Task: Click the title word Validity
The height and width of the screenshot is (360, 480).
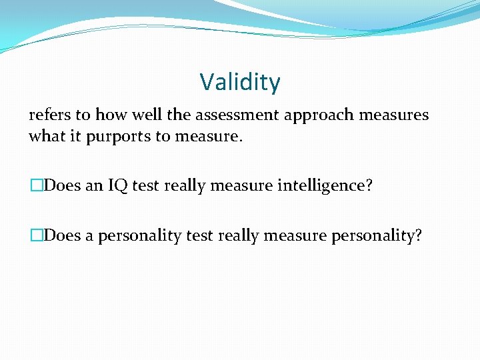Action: tap(240, 83)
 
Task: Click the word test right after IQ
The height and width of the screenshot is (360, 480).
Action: tap(145, 185)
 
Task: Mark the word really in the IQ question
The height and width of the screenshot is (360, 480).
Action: tap(185, 185)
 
